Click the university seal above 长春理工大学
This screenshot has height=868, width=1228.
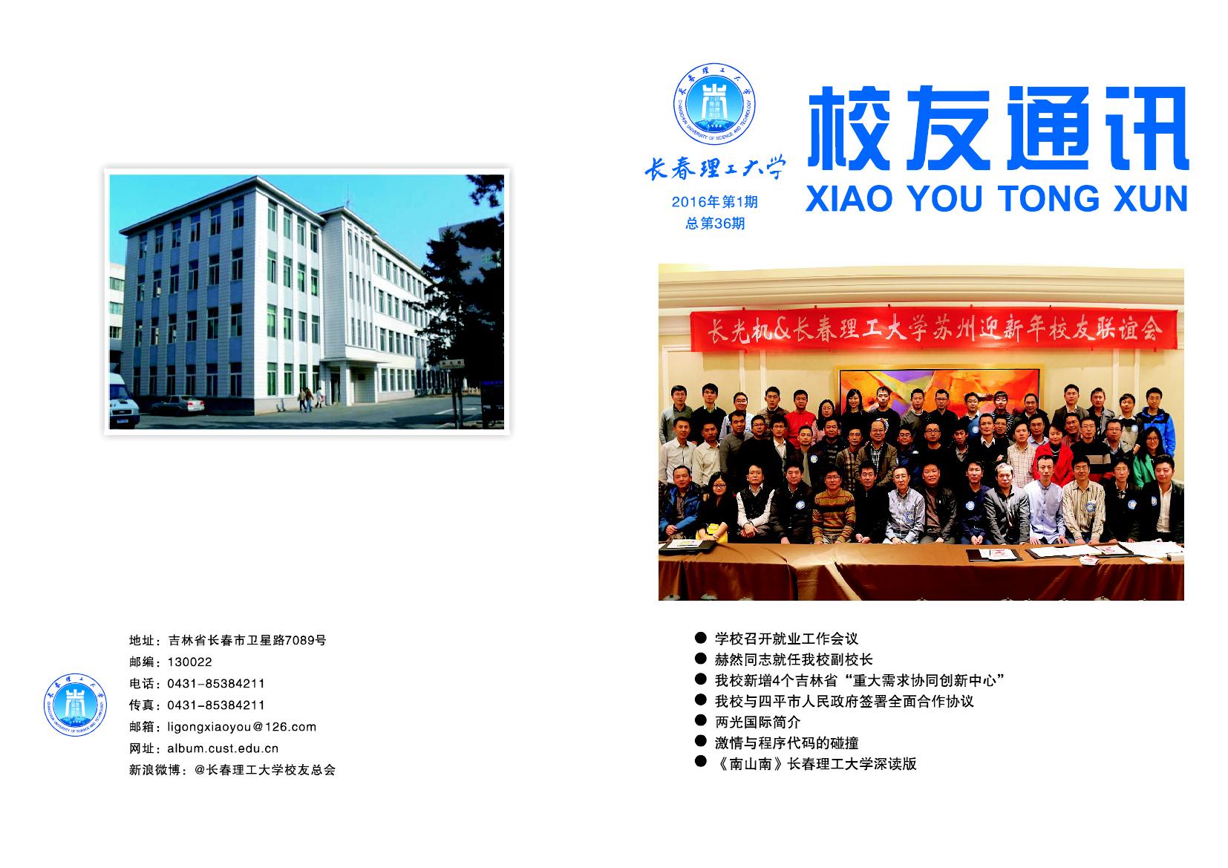point(713,104)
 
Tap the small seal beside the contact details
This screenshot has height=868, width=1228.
point(75,705)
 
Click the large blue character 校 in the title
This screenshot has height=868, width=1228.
point(849,128)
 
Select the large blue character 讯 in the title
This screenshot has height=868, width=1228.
point(1146,128)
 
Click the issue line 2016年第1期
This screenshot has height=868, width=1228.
point(715,202)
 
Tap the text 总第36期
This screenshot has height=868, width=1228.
point(715,223)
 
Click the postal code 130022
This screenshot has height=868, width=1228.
point(189,662)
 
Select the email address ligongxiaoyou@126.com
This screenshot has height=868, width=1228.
point(242,726)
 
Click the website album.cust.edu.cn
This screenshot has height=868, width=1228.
point(223,748)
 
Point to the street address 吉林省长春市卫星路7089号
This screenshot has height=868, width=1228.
point(247,640)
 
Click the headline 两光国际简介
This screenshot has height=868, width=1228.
point(757,722)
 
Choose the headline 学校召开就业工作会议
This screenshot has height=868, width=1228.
point(786,639)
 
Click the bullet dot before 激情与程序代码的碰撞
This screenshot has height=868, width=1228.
point(700,741)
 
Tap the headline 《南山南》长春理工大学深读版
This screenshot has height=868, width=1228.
point(816,763)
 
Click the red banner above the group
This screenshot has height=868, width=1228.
point(933,330)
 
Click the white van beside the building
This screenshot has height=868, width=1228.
point(123,401)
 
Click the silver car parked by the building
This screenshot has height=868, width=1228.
point(177,405)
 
